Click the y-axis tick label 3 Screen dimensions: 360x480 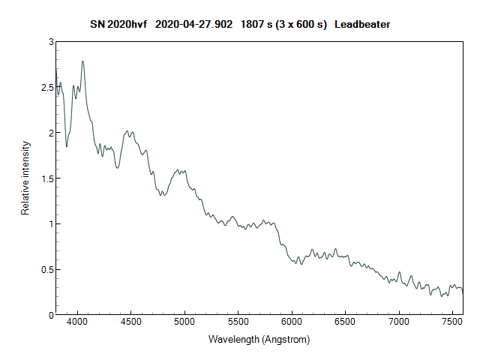(x=51, y=42)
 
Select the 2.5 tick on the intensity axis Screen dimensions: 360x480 (x=47, y=88)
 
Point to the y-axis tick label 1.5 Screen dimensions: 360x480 (x=47, y=178)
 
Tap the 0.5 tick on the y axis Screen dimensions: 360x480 (x=47, y=269)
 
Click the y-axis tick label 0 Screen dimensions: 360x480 (x=51, y=315)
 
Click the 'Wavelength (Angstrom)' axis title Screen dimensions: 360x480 (x=259, y=339)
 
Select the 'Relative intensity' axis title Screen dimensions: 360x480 (x=25, y=178)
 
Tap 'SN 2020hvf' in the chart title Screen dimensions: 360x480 (x=118, y=25)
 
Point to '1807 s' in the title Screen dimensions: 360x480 (x=256, y=25)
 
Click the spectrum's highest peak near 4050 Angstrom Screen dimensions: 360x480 (x=82, y=61)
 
